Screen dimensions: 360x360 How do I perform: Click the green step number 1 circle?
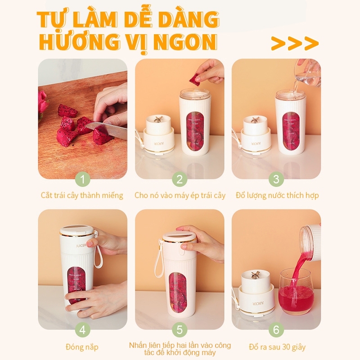point(83,179)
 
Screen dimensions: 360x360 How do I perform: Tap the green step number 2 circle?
point(180,179)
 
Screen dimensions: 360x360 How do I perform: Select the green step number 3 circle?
point(276,179)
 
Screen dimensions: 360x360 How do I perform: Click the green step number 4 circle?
point(83,330)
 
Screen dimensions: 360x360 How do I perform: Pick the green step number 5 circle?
point(180,330)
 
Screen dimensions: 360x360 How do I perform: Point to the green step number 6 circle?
point(276,330)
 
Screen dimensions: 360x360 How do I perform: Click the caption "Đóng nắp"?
point(82,347)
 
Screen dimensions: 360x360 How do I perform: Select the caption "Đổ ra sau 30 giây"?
point(277,347)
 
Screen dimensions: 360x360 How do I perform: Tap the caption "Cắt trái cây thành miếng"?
point(82,195)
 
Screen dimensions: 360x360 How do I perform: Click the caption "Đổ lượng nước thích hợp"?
point(277,195)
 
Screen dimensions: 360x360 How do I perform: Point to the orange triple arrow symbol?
point(295,43)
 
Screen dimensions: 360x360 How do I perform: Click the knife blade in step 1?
point(106,130)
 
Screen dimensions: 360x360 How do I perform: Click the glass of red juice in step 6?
point(296,291)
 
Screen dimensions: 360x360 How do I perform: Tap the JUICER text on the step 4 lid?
point(81,245)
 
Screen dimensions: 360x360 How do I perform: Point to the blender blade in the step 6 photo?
point(255,275)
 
